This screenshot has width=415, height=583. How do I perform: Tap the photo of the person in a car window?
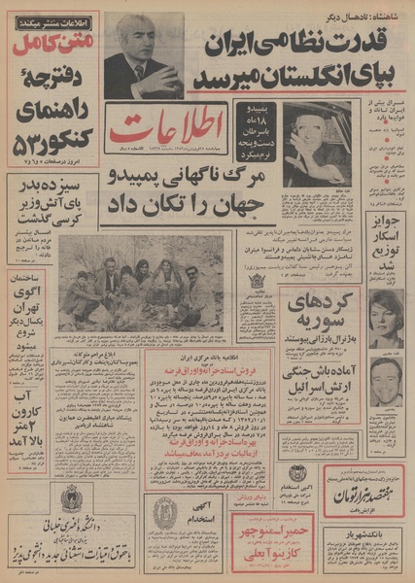316,143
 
